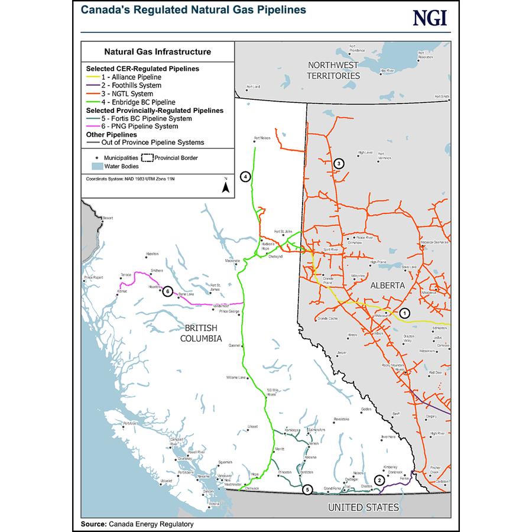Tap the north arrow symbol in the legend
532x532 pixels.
[x=225, y=186]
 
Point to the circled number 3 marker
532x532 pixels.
[x=338, y=164]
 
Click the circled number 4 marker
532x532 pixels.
[x=245, y=176]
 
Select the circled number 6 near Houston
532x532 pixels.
[x=168, y=291]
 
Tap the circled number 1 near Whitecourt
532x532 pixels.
[x=404, y=312]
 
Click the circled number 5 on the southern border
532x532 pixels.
[x=306, y=489]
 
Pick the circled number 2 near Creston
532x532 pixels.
[x=378, y=481]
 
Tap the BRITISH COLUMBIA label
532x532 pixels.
[x=200, y=333]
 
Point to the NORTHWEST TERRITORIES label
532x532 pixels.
[x=333, y=70]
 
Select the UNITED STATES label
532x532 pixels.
[x=363, y=507]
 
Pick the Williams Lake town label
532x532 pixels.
[x=236, y=377]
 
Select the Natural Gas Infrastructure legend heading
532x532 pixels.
[x=157, y=51]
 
